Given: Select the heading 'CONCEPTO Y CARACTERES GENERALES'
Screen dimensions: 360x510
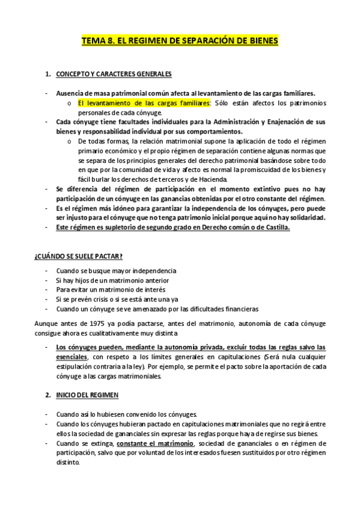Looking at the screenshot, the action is pyautogui.click(x=114, y=74).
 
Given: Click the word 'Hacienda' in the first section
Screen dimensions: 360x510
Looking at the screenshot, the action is pyautogui.click(x=211, y=179).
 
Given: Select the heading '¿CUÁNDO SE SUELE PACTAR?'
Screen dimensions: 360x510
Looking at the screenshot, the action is pyautogui.click(x=79, y=257).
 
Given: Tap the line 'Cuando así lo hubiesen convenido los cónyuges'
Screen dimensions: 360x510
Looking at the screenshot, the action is pyautogui.click(x=130, y=414).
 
